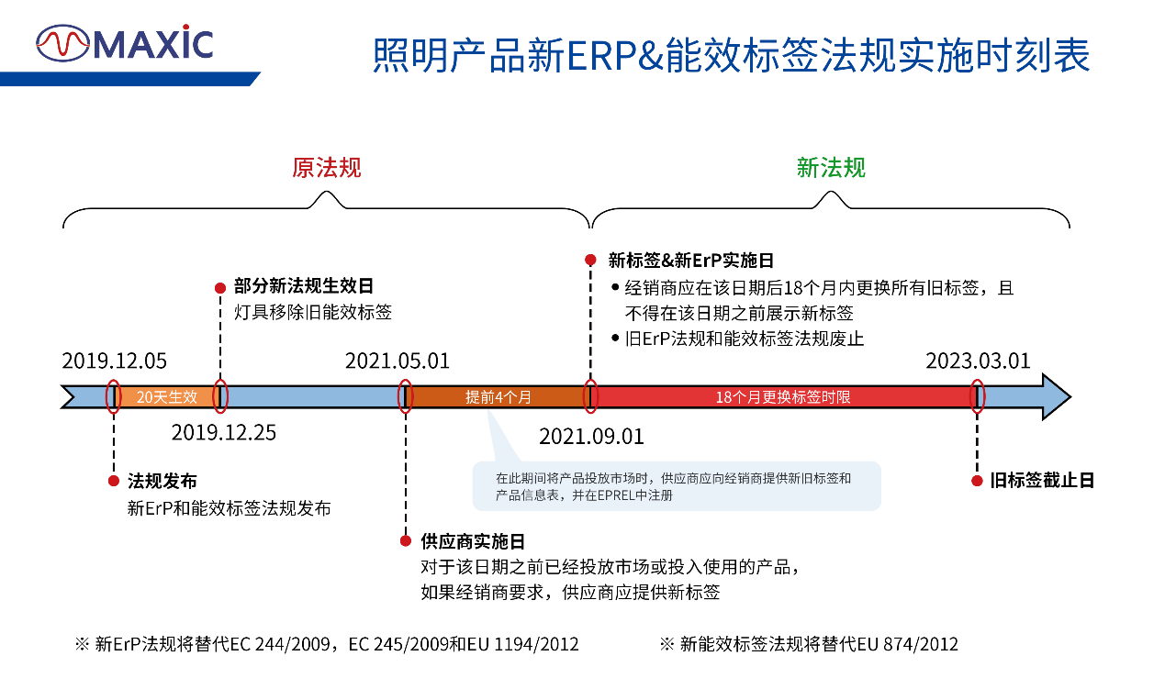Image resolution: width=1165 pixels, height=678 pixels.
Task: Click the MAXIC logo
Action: pyautogui.click(x=125, y=43)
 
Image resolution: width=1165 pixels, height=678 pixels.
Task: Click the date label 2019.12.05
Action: pyautogui.click(x=115, y=361)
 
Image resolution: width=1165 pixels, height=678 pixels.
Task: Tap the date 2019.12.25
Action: pyautogui.click(x=224, y=433)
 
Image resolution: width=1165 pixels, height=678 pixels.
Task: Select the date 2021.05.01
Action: pyautogui.click(x=398, y=361)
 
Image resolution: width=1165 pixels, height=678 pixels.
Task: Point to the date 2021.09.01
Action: pyautogui.click(x=591, y=436)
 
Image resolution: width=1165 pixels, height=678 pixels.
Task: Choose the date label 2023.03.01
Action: pyautogui.click(x=978, y=361)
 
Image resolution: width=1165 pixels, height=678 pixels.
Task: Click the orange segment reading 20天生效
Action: pyautogui.click(x=167, y=397)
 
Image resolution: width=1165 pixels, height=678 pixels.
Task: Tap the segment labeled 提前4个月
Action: pyautogui.click(x=498, y=397)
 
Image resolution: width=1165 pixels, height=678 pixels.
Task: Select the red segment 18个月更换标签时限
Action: pyautogui.click(x=783, y=397)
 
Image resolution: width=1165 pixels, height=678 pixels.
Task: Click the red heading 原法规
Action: pyautogui.click(x=326, y=168)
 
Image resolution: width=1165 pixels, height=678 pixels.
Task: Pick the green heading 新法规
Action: pyautogui.click(x=831, y=168)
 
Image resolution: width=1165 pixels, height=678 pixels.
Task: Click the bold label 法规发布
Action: pyautogui.click(x=162, y=481)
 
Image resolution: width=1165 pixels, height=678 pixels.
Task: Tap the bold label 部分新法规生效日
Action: pyautogui.click(x=304, y=286)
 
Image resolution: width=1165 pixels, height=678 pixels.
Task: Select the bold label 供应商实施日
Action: pyautogui.click(x=473, y=542)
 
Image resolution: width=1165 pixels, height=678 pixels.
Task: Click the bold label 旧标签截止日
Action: pyautogui.click(x=1042, y=481)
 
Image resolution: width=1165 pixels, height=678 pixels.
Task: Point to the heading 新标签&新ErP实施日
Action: pyautogui.click(x=691, y=261)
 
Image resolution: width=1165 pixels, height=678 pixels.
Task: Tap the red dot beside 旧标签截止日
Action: pyautogui.click(x=977, y=481)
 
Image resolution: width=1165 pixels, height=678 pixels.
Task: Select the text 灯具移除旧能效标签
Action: pyautogui.click(x=312, y=312)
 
